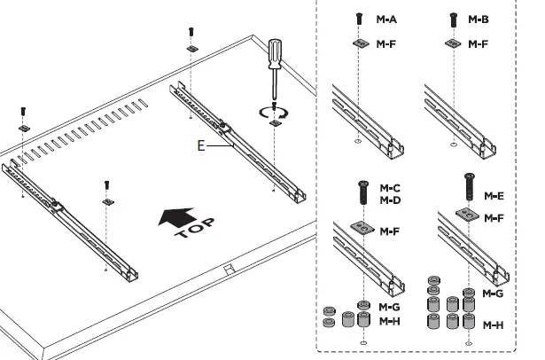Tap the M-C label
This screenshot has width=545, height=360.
pyautogui.click(x=390, y=189)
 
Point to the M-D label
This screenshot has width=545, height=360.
pyautogui.click(x=390, y=201)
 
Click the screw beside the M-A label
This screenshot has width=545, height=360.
pyautogui.click(x=359, y=17)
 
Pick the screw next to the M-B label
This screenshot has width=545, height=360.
pyautogui.click(x=454, y=17)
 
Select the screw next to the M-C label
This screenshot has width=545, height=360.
pyautogui.click(x=363, y=191)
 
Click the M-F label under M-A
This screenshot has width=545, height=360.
pyautogui.click(x=386, y=42)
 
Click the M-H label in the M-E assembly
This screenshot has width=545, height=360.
pyautogui.click(x=494, y=325)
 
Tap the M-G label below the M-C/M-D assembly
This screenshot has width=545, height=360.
pyautogui.click(x=389, y=306)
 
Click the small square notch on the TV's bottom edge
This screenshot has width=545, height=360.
pyautogui.click(x=228, y=264)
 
